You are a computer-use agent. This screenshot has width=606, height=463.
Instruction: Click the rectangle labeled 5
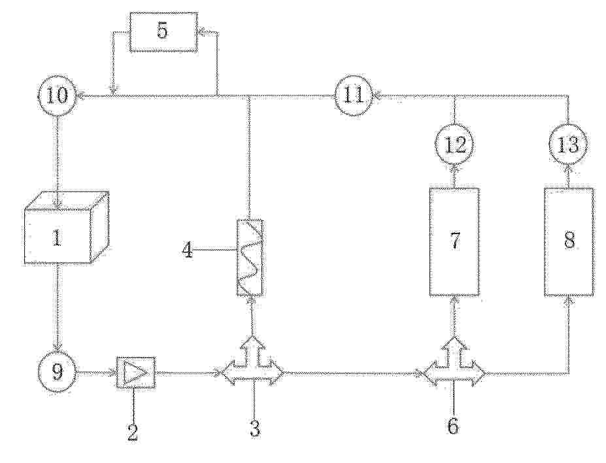pos(163,31)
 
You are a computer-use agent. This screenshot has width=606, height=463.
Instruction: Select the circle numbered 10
pos(58,95)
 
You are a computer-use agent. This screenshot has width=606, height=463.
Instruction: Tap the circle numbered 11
pos(354,95)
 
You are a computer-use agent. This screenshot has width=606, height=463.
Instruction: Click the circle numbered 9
pos(58,373)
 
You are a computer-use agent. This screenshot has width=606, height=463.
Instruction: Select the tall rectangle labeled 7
pos(454,242)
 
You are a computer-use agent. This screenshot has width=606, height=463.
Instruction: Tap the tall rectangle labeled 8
pos(569,242)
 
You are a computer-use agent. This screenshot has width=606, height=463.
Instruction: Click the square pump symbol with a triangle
pos(136,373)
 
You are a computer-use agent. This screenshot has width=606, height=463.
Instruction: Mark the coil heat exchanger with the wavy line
pos(250,258)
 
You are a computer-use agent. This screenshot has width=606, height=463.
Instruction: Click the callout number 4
pos(188,250)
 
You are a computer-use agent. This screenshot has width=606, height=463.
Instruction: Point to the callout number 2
pos(133,432)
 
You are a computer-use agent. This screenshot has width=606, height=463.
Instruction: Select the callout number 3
pos(255,428)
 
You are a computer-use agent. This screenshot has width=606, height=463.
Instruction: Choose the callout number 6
pos(453,426)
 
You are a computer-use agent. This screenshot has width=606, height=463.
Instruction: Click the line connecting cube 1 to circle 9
pos(58,309)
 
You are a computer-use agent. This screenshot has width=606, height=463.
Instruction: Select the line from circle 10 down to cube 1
pos(58,162)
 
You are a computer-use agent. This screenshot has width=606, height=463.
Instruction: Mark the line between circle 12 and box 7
pos(454,177)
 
